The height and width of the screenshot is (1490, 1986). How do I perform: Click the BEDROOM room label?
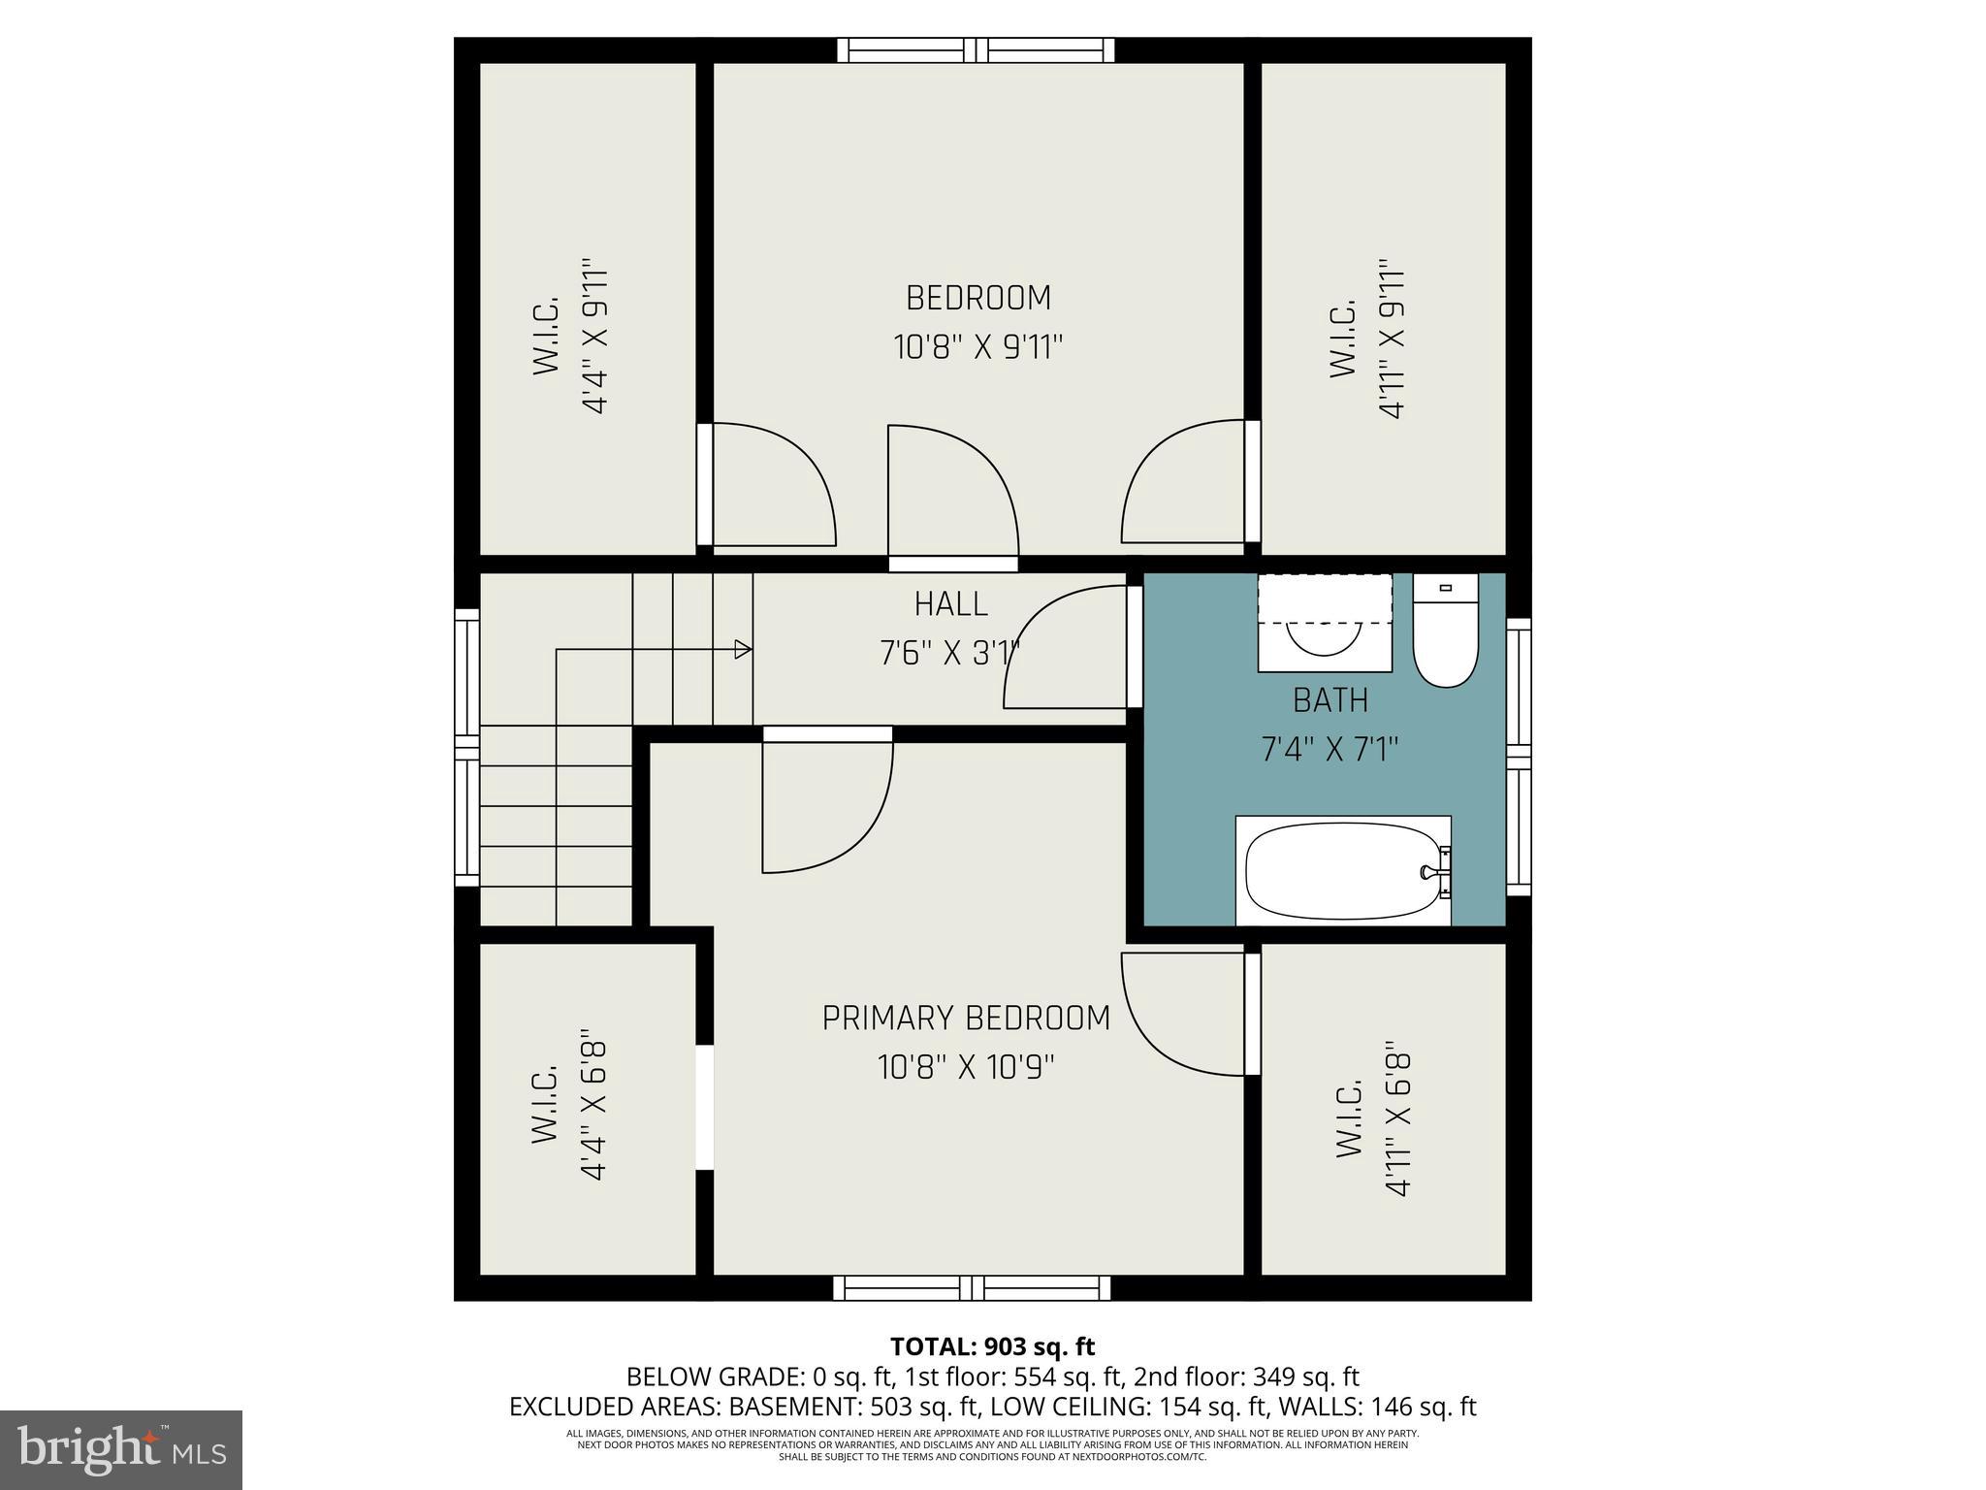click(977, 298)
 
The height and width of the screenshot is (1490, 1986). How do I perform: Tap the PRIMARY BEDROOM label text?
click(966, 1019)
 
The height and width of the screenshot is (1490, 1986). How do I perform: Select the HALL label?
click(950, 604)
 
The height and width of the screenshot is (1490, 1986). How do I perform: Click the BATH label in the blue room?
click(1330, 699)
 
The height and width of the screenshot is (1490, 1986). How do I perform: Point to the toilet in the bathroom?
click(1445, 635)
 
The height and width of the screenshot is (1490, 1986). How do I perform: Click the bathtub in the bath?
click(1342, 871)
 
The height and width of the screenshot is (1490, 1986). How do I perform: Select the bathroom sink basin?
click(1325, 636)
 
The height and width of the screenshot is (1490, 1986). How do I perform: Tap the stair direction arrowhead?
click(743, 649)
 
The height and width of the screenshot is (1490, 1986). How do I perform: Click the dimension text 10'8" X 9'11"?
click(977, 347)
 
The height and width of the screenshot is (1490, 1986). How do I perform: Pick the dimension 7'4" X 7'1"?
click(1330, 750)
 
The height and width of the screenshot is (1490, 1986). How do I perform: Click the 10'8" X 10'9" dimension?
click(966, 1068)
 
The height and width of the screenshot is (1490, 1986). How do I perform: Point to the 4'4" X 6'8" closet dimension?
click(593, 1110)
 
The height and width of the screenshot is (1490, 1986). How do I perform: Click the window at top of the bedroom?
click(976, 49)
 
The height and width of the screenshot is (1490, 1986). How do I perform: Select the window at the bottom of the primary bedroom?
click(972, 1287)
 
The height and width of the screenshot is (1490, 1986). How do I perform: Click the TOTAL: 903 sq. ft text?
click(992, 1346)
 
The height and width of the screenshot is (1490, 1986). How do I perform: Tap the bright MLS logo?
click(120, 1449)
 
